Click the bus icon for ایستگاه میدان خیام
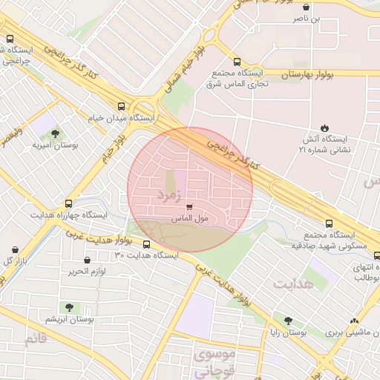[121, 105]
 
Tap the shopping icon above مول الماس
[189, 207]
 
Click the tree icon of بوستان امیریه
[55, 134]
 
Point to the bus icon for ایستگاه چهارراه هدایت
[69, 203]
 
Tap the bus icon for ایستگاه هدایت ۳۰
[146, 243]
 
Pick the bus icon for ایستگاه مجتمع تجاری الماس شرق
[237, 62]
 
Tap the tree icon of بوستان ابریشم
[69, 307]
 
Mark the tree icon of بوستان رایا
[288, 321]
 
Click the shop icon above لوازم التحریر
[88, 260]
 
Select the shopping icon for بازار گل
[16, 249]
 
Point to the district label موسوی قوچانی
[215, 363]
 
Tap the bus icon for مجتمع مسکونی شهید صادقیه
[329, 223]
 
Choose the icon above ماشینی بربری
[354, 321]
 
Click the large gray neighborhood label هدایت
[294, 283]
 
